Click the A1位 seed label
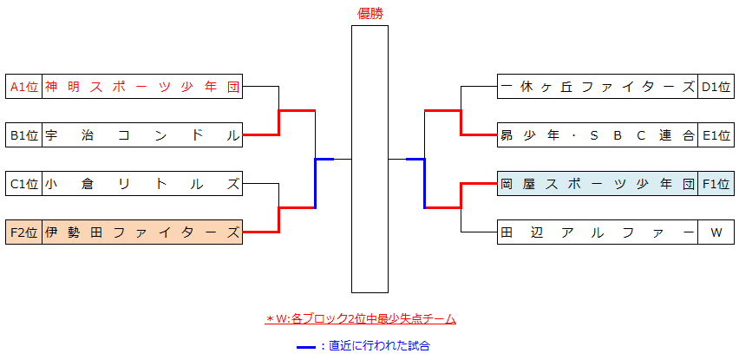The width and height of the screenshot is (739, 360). (23, 86)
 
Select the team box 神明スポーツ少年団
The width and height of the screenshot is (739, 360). (141, 86)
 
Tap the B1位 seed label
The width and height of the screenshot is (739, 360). (23, 134)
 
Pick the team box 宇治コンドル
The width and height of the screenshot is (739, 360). (141, 134)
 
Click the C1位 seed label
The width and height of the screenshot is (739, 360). (23, 183)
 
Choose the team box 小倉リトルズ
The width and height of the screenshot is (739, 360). (141, 183)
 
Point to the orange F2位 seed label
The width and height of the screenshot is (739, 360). (23, 232)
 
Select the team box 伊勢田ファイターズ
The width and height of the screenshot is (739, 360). (141, 232)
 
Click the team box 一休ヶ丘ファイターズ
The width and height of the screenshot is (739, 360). (598, 86)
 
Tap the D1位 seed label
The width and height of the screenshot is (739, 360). (716, 86)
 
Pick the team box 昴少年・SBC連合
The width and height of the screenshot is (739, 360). (598, 134)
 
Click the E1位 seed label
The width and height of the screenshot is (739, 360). (716, 134)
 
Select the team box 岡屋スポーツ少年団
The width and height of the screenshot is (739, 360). (598, 183)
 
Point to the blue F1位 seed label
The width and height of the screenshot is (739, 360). (716, 183)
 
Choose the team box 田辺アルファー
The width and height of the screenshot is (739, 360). (598, 232)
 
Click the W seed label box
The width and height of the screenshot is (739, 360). (716, 232)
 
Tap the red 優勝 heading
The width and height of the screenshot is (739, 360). (369, 13)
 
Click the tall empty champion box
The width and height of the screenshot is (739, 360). (369, 159)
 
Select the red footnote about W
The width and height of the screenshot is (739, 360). (361, 319)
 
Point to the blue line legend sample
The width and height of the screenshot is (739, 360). (305, 346)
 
